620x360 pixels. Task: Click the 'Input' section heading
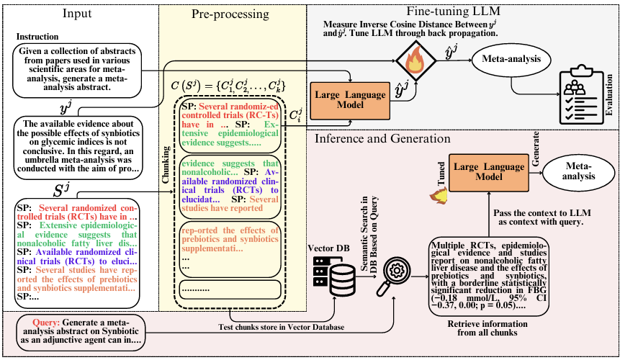(77, 14)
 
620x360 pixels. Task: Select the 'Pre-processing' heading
(230, 14)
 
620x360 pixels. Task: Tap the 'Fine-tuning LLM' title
(453, 11)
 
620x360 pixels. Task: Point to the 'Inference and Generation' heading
(382, 139)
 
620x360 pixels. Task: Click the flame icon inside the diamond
(416, 61)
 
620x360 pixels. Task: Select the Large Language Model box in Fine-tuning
(351, 100)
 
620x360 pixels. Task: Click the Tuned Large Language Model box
(489, 172)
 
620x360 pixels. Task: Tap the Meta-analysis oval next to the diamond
(511, 60)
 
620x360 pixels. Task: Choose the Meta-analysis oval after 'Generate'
(578, 171)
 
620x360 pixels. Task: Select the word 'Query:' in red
(46, 323)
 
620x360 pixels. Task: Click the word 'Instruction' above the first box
(37, 37)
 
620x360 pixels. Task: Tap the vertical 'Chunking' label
(166, 165)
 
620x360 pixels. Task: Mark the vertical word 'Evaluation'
(609, 95)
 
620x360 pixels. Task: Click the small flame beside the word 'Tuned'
(439, 195)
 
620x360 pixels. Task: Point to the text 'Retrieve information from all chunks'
(488, 328)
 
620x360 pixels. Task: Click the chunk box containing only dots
(230, 289)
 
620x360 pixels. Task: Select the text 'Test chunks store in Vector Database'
(281, 327)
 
